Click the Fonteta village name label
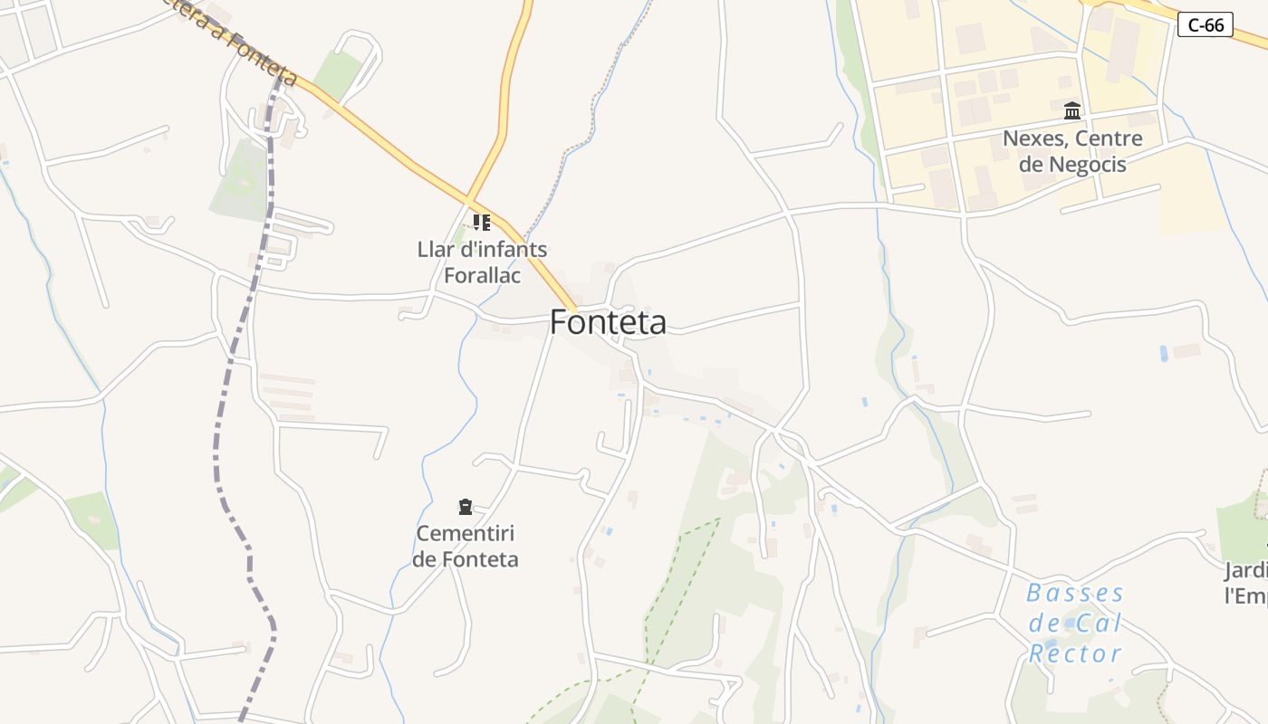point(608,322)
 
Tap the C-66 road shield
point(1206,25)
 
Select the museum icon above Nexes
point(1072,111)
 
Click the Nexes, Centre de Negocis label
point(1072,151)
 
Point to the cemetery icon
point(466,507)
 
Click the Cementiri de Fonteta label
point(466,547)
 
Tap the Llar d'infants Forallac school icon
point(482,222)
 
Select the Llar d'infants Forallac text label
point(482,262)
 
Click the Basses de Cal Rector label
point(1075,623)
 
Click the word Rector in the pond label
point(1075,653)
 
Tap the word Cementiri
point(466,534)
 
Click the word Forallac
point(483,274)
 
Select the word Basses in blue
point(1075,594)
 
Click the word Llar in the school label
point(434,249)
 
